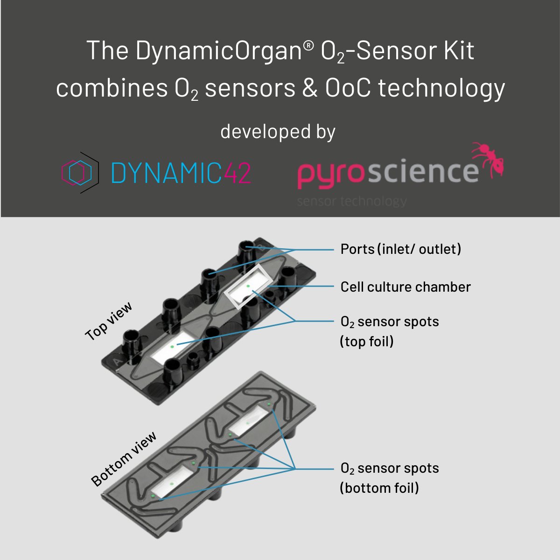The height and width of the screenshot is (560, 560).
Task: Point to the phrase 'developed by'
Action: tap(278, 132)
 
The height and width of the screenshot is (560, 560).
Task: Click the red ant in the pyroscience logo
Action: tap(488, 161)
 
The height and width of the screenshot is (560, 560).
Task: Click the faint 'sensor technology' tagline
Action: tap(352, 201)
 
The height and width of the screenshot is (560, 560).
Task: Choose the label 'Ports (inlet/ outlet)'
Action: tap(400, 249)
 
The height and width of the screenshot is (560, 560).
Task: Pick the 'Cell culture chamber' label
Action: tap(406, 287)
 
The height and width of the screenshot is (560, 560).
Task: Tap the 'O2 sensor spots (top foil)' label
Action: tap(389, 331)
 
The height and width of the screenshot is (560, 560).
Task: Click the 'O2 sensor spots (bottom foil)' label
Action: tap(389, 478)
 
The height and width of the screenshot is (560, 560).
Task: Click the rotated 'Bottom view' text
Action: tap(124, 460)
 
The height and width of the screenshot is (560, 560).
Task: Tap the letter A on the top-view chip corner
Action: tap(115, 361)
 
